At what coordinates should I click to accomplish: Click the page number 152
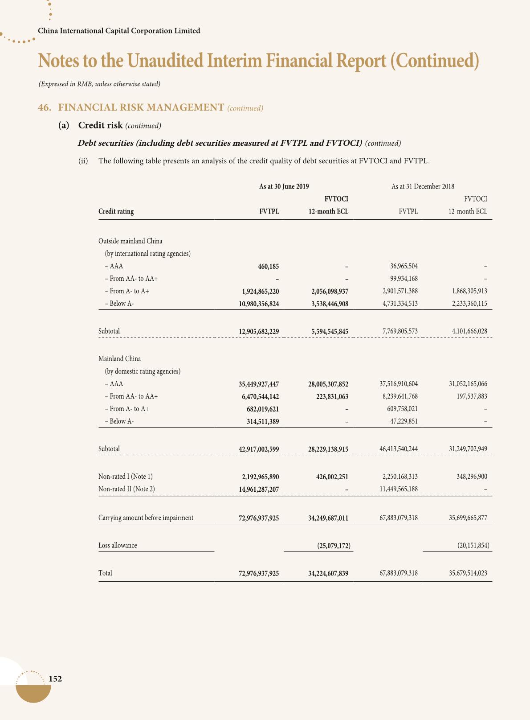pyautogui.click(x=55, y=679)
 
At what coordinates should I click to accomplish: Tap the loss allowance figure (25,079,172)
pyautogui.click(x=334, y=546)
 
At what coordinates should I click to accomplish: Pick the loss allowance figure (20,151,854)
pyautogui.click(x=473, y=546)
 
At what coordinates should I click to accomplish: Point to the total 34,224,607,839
pyautogui.click(x=328, y=573)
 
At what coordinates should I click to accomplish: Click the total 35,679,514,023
pyautogui.click(x=468, y=573)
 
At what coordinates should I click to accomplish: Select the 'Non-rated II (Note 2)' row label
pyautogui.click(x=126, y=489)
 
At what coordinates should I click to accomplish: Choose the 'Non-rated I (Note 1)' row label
pyautogui.click(x=125, y=477)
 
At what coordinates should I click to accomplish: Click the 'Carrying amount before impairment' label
pyautogui.click(x=146, y=518)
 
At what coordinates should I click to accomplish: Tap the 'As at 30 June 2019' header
pyautogui.click(x=284, y=187)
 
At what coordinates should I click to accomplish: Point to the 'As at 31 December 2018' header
pyautogui.click(x=423, y=187)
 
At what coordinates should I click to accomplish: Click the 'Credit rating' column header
pyautogui.click(x=116, y=212)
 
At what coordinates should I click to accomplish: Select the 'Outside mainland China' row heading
pyautogui.click(x=130, y=241)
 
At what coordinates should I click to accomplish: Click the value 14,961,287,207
pyautogui.click(x=259, y=490)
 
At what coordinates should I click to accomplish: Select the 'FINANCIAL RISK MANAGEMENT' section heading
pyautogui.click(x=141, y=107)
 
